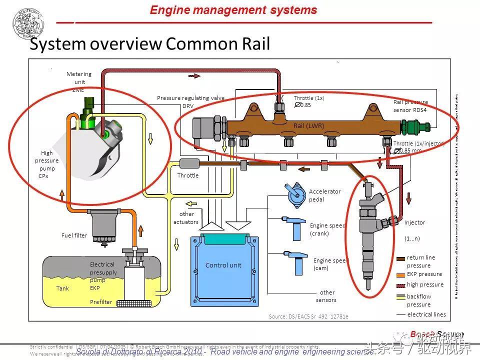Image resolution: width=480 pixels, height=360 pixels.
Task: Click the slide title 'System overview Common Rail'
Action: coord(150,44)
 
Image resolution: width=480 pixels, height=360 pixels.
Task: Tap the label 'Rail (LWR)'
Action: coord(308,125)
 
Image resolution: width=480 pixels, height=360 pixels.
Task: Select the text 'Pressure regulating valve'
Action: coord(190,98)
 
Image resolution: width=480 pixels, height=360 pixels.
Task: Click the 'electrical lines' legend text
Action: coord(426,314)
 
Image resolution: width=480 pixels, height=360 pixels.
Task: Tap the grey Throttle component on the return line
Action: coord(189,163)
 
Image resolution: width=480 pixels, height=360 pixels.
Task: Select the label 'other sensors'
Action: coord(327,296)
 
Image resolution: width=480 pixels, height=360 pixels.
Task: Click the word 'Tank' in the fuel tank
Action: coord(62,288)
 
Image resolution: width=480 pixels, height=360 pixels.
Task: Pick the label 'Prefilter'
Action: coord(101,301)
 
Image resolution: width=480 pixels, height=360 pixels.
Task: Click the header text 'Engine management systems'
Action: coord(233,10)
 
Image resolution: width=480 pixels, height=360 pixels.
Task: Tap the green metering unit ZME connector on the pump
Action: coord(88,105)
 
